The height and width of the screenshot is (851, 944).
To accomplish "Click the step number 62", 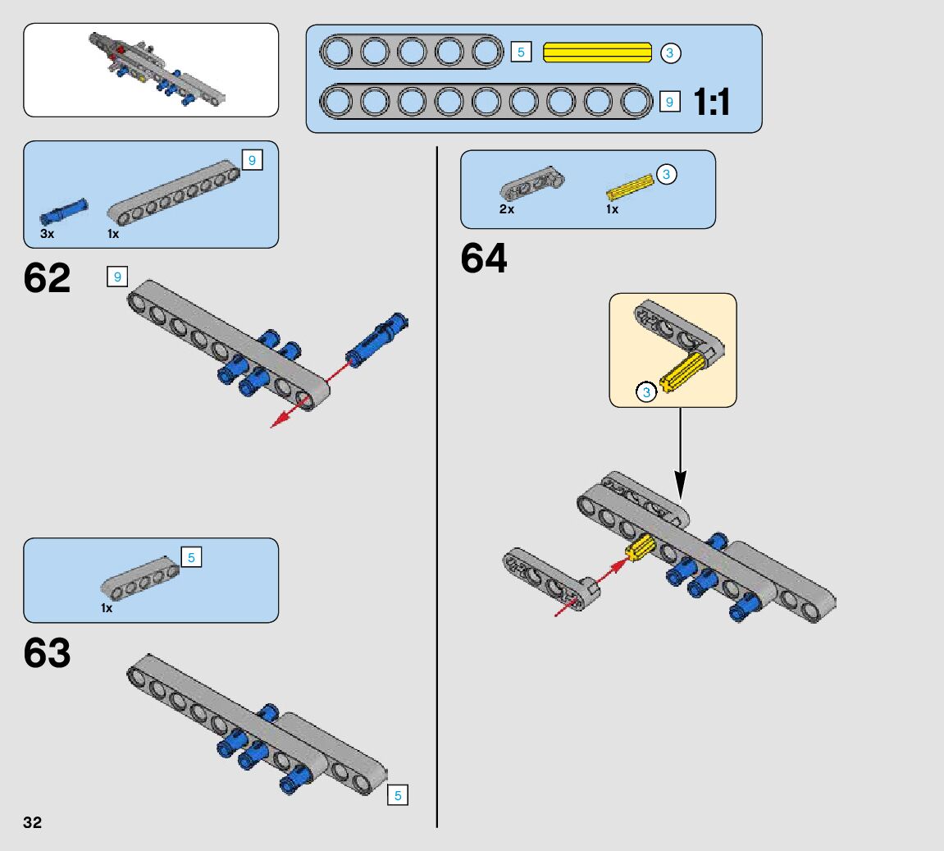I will (x=48, y=278).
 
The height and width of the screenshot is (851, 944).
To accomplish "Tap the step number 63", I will (x=48, y=654).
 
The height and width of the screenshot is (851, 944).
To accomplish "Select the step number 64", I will (x=484, y=259).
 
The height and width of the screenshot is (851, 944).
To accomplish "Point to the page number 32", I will (x=33, y=823).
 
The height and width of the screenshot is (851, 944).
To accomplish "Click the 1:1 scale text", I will (x=711, y=103).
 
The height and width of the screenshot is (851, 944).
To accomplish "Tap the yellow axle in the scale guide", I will (x=598, y=53).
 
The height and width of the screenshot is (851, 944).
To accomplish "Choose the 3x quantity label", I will (x=47, y=234).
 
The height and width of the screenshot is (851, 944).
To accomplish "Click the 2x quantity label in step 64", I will (x=507, y=209).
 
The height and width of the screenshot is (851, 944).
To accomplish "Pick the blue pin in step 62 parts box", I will (x=63, y=211).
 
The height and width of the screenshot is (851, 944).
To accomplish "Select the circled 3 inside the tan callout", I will (x=646, y=392).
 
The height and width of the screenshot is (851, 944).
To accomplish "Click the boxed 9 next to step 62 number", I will (x=117, y=277).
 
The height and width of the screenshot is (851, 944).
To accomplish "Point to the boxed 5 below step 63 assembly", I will (x=398, y=795).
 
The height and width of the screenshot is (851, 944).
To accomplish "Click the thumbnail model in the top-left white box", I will (x=156, y=69).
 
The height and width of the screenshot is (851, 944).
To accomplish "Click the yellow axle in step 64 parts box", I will (x=630, y=186).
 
